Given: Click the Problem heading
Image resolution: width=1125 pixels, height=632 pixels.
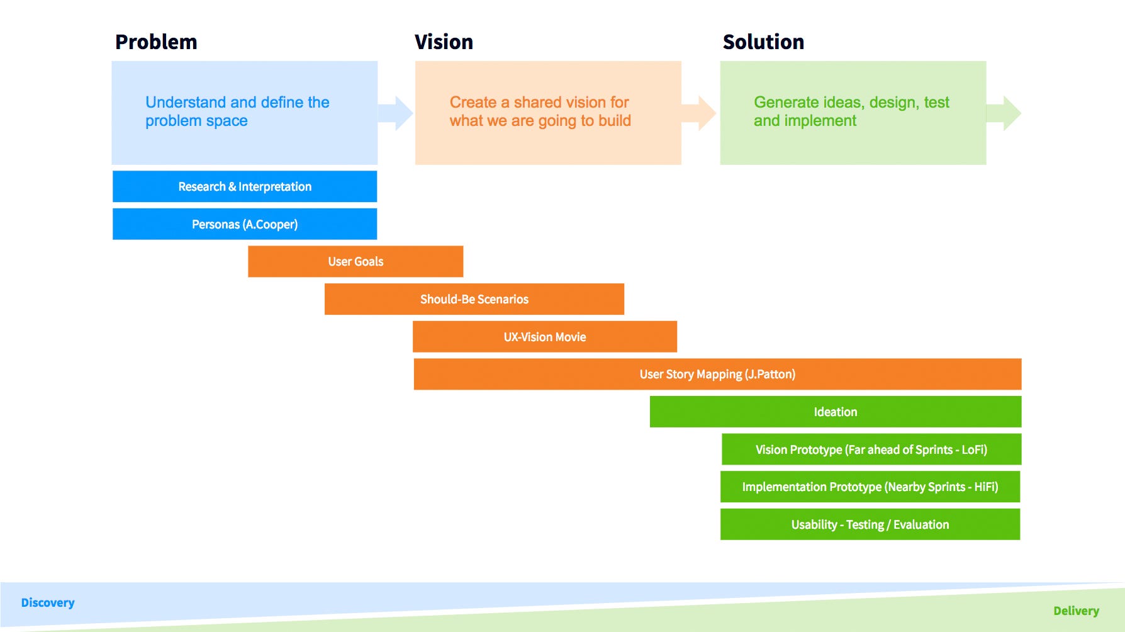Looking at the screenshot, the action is point(156,42).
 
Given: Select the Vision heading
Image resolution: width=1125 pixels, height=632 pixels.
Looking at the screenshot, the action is point(444,42).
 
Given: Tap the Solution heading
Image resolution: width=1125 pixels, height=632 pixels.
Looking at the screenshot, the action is point(763,42).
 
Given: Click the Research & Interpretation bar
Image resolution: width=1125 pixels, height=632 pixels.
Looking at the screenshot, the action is point(245,186).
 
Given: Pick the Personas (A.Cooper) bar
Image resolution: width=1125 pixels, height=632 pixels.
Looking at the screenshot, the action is point(245,224).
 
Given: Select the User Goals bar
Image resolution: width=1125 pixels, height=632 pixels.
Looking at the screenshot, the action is point(355,261).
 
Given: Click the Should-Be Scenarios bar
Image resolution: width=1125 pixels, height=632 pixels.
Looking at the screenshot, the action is point(474,299).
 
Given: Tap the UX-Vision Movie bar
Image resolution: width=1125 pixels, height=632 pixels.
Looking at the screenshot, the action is point(545,337).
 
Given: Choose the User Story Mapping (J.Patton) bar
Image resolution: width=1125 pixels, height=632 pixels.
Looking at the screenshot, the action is point(717,374).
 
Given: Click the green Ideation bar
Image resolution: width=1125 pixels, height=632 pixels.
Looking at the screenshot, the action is point(836,412).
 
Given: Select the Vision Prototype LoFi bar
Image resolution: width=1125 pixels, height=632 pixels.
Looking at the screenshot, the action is point(871,449).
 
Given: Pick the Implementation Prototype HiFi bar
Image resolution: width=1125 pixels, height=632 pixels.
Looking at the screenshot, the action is point(870,487).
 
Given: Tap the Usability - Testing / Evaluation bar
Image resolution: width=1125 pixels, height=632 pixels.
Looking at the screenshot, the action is point(870,524).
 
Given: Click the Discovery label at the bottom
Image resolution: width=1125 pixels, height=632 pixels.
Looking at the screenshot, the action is point(48,602).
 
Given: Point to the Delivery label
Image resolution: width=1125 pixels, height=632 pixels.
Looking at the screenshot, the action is point(1076,611).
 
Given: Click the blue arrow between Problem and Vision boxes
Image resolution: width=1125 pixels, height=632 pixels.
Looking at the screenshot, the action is point(396,113).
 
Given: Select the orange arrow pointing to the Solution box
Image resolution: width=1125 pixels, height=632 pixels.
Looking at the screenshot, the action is point(699,113).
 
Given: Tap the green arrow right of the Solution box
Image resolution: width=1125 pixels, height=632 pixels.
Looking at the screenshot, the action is point(1004,113).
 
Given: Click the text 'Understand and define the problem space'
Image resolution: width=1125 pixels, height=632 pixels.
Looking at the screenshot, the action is point(237,111).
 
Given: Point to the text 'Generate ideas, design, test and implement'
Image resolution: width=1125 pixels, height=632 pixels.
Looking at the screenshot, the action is point(851,111).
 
